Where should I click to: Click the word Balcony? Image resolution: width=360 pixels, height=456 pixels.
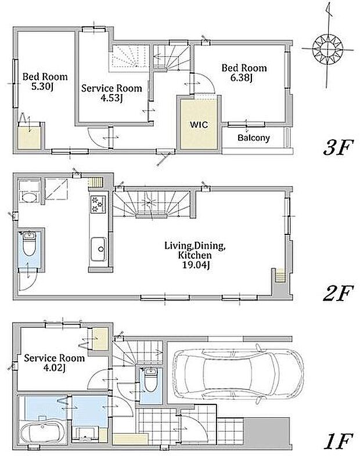254,138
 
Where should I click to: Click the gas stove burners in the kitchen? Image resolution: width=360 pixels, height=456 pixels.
96,204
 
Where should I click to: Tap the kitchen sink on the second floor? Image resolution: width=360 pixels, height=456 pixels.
98,249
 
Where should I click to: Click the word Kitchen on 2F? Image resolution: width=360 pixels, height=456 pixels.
194,255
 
